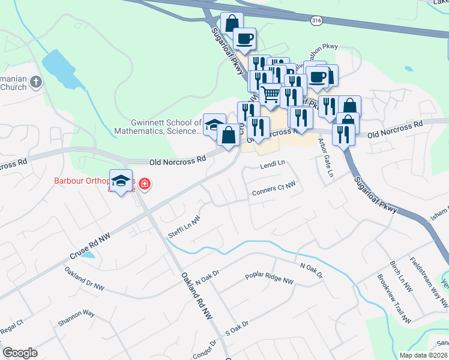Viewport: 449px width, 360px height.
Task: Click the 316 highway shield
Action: coord(316,20)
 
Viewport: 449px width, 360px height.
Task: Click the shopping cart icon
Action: coord(271,94)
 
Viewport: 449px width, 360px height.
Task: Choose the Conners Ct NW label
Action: coord(274,188)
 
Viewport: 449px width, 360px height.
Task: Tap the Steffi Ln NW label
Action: coord(184,228)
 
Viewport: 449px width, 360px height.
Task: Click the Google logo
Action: coord(20,353)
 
